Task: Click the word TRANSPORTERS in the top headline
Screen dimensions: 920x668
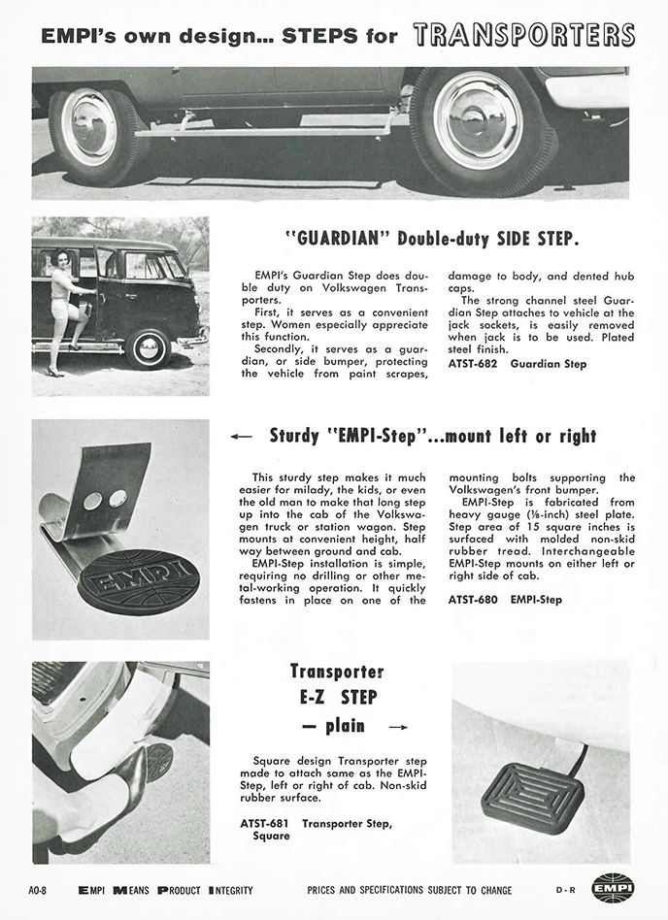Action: [523, 35]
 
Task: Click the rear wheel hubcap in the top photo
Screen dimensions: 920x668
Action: [89, 125]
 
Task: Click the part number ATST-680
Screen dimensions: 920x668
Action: [477, 600]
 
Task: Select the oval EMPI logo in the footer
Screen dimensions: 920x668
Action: [613, 888]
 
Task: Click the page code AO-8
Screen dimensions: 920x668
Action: [44, 890]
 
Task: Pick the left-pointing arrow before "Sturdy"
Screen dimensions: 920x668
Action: [242, 438]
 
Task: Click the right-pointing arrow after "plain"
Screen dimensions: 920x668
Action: [397, 726]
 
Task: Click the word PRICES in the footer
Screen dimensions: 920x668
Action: [323, 890]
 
